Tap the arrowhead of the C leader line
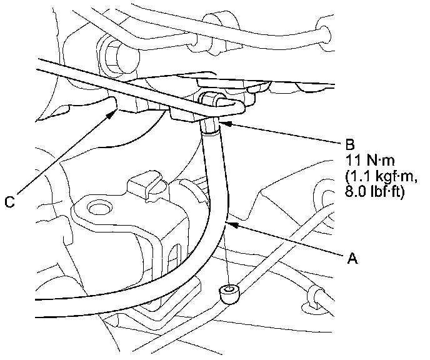[116, 110]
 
